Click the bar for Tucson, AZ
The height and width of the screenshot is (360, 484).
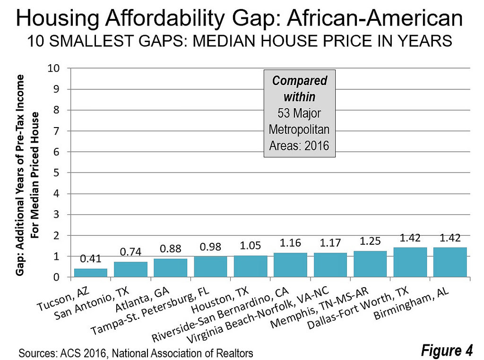91,273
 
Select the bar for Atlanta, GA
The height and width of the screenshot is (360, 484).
170,268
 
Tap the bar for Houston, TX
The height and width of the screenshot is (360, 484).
250,266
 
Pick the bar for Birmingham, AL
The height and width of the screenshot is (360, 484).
449,262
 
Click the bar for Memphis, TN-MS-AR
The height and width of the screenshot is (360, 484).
370,264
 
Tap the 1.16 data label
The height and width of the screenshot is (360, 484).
290,244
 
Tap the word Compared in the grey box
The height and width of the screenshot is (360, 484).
299,81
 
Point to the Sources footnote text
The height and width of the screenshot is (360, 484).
136,352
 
